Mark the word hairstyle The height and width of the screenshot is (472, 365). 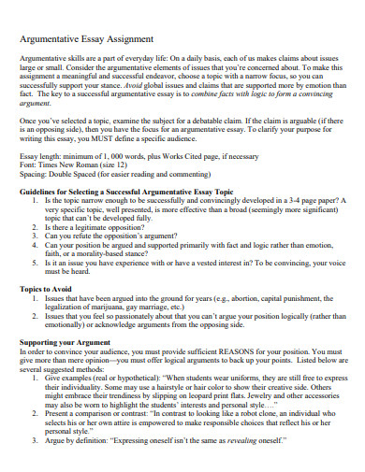174,390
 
